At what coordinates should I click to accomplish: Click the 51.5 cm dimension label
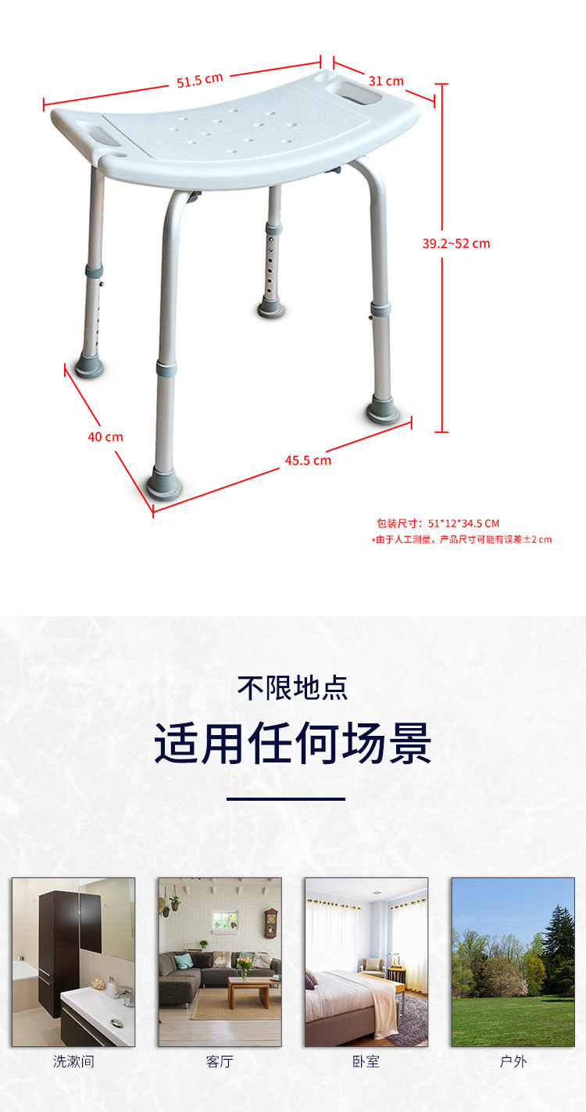[x=200, y=80]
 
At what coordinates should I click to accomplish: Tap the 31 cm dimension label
[x=386, y=81]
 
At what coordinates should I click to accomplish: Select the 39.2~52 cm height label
[x=456, y=243]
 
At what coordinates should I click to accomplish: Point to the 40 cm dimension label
[x=105, y=436]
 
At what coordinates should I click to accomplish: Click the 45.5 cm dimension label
[x=308, y=460]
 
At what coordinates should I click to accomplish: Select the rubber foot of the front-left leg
[x=164, y=486]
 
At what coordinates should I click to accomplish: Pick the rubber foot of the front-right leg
[x=383, y=411]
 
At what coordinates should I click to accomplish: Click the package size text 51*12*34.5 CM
[x=438, y=523]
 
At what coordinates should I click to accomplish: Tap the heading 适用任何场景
[x=293, y=744]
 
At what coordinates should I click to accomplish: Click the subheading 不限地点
[x=293, y=688]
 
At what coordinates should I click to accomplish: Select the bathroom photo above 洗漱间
[x=73, y=962]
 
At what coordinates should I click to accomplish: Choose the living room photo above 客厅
[x=220, y=962]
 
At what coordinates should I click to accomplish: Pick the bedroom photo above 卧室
[x=366, y=962]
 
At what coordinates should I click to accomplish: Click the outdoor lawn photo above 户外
[x=513, y=962]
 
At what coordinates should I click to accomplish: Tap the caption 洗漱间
[x=73, y=1061]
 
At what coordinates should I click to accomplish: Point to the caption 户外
[x=513, y=1061]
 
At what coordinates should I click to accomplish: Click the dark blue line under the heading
[x=286, y=798]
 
